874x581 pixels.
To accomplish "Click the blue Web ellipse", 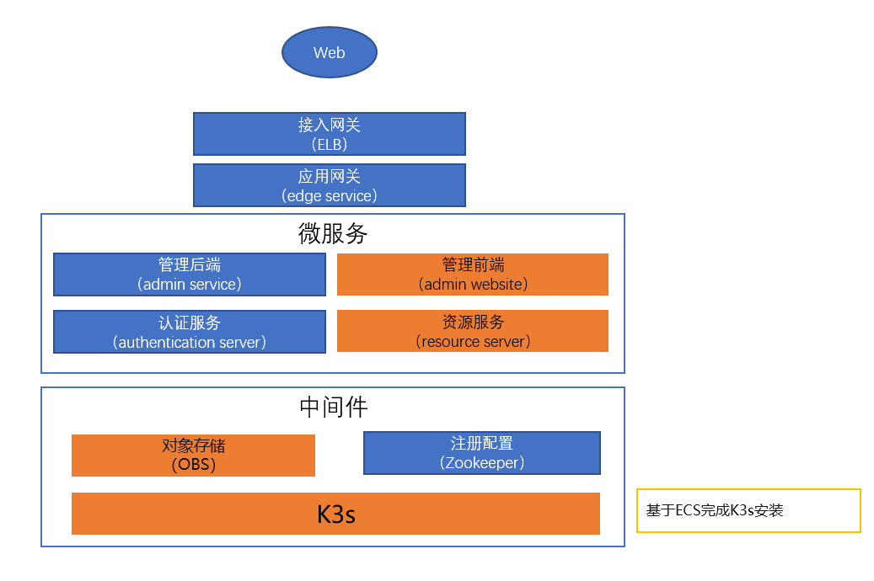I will (x=329, y=52).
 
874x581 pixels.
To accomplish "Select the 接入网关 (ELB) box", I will (x=329, y=134).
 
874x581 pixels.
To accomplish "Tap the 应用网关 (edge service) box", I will (x=329, y=185).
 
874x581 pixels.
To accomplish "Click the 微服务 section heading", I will (x=333, y=233).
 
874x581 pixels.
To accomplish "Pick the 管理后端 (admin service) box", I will (x=190, y=275).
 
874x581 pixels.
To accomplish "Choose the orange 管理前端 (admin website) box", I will (x=473, y=275).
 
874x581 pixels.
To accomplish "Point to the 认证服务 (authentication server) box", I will (x=190, y=332).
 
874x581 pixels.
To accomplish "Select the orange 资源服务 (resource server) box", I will (x=473, y=331).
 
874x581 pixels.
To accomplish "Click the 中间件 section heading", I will (x=333, y=408).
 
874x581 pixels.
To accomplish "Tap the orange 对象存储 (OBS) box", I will (x=193, y=456).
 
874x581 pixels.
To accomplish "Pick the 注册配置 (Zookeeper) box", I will (x=481, y=453).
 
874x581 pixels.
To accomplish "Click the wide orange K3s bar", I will (x=335, y=514).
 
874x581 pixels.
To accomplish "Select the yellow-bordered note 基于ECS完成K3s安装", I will (x=748, y=510).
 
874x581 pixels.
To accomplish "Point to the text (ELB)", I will (x=329, y=144).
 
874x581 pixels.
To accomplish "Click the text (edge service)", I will (x=329, y=195).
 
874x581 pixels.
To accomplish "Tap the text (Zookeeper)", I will (x=481, y=463).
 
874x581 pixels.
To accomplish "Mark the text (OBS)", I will (x=193, y=465).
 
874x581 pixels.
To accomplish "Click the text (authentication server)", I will (x=190, y=342).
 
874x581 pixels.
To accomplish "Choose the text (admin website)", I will (x=473, y=285).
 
